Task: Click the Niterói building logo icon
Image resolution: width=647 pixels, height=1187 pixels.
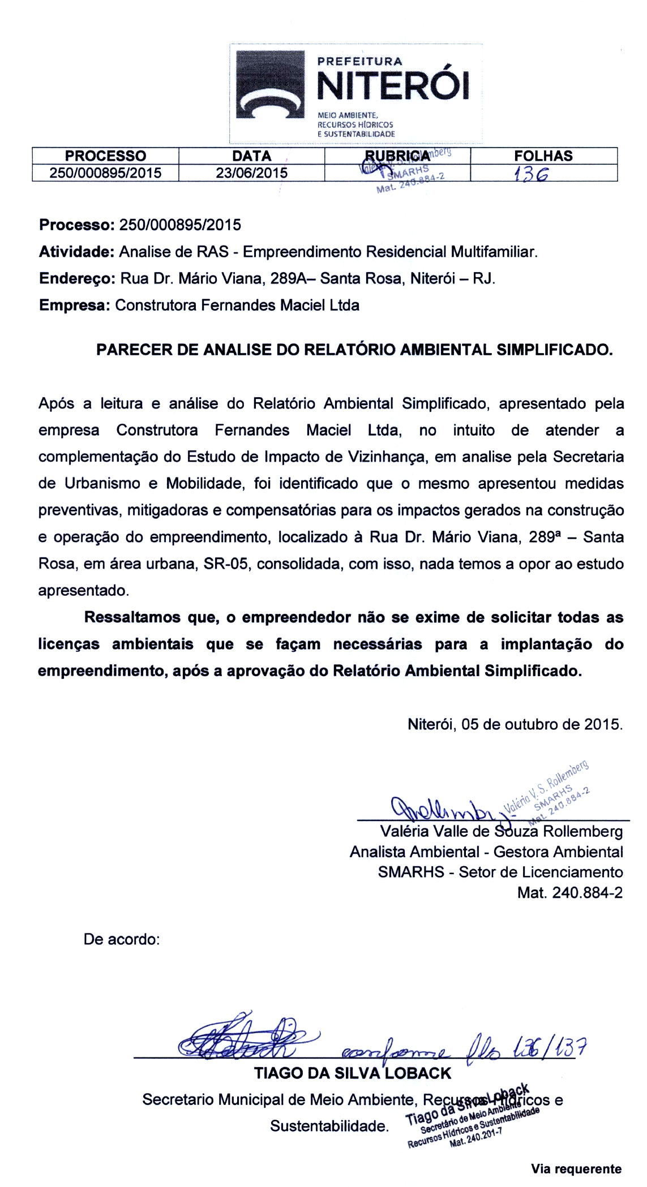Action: click(x=269, y=84)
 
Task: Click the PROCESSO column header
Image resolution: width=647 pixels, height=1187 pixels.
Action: click(x=105, y=156)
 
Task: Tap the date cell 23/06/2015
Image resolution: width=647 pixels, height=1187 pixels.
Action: click(x=251, y=173)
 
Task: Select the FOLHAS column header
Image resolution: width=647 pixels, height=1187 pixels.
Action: click(x=543, y=156)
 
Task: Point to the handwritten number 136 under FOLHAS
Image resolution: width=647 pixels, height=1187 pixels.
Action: click(x=530, y=175)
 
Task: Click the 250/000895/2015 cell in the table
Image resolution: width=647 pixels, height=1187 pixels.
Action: click(x=105, y=173)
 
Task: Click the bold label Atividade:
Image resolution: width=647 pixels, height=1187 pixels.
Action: click(x=77, y=252)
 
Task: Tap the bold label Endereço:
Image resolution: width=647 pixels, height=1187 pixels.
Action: click(x=78, y=279)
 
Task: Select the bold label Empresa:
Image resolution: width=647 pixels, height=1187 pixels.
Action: click(x=74, y=306)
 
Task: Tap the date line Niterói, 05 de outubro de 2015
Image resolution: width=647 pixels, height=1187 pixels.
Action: click(x=515, y=724)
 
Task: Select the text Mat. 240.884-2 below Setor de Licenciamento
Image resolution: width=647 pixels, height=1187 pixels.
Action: click(x=569, y=893)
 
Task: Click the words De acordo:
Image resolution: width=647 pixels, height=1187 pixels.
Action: click(x=122, y=939)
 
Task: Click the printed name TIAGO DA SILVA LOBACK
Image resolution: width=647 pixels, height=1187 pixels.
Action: click(x=353, y=1073)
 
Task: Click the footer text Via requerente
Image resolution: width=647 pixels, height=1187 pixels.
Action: click(x=576, y=1168)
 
